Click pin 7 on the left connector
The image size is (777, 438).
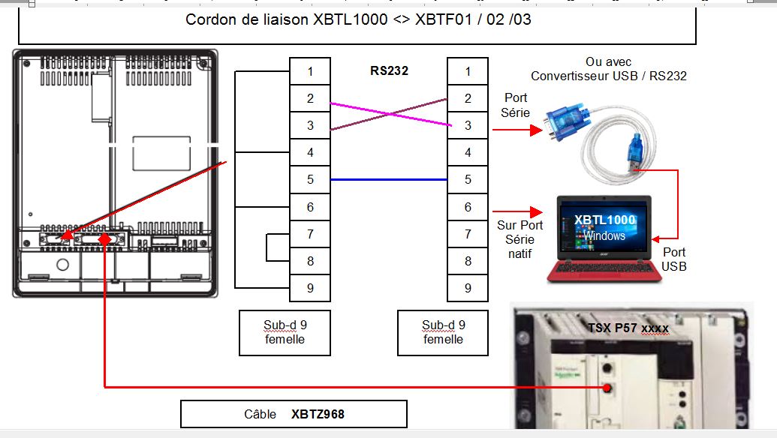(x=310, y=234)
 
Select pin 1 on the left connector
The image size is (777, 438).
(x=310, y=72)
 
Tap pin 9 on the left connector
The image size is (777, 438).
(x=310, y=288)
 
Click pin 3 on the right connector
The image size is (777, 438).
(x=468, y=126)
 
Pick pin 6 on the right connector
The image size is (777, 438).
(x=468, y=207)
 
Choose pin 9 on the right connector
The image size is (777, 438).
(x=468, y=288)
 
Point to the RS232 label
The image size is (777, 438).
(x=389, y=72)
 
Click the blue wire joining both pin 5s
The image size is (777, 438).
(x=389, y=180)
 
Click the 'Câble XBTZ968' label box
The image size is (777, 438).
(x=294, y=414)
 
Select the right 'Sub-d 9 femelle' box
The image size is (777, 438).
(x=442, y=332)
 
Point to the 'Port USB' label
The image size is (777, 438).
(x=673, y=259)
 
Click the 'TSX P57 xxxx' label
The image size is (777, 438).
(x=628, y=328)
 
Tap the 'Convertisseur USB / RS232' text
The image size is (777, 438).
(x=608, y=76)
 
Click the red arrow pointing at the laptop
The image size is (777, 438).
(x=518, y=211)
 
